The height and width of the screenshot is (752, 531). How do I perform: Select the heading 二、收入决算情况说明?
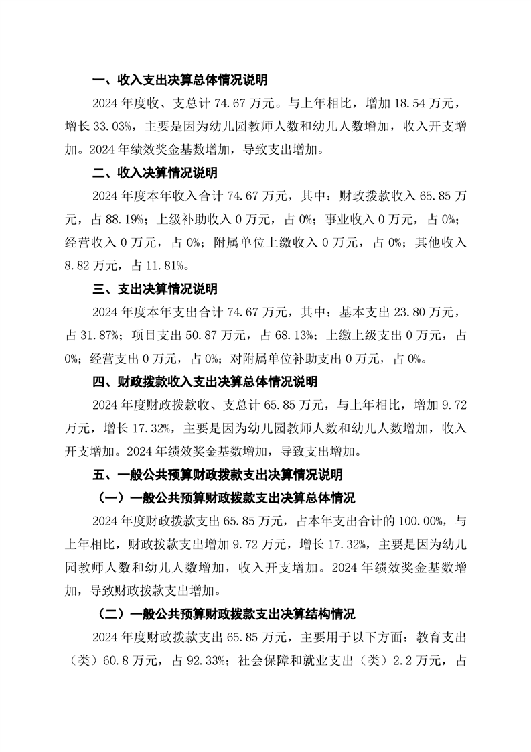(x=155, y=173)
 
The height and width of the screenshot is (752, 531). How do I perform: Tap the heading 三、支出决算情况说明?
(x=155, y=290)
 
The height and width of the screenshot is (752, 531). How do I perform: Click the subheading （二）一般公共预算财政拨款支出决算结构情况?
(x=226, y=614)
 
